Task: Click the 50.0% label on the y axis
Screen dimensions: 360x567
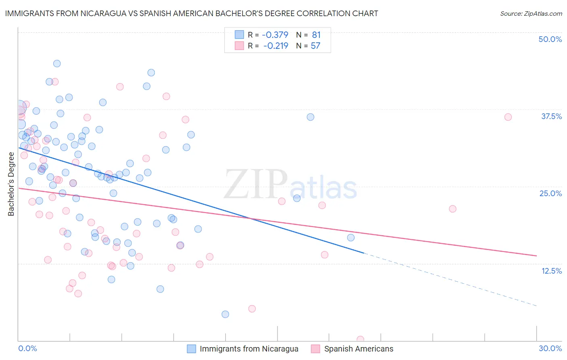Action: (550, 39)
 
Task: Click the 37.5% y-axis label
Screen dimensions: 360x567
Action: (551, 116)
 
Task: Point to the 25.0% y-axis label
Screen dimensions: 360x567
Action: (550, 193)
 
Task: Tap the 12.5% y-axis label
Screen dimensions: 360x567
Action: (551, 271)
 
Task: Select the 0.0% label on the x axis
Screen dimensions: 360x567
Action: (27, 348)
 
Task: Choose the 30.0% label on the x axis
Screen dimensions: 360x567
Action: (550, 348)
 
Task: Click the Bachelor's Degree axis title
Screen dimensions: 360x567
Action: (11, 184)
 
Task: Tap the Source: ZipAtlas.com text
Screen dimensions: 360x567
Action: (531, 13)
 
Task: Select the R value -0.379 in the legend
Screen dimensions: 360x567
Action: (275, 35)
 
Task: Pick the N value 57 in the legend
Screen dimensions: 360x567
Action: (315, 46)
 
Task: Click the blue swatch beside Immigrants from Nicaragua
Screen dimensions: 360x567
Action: (191, 349)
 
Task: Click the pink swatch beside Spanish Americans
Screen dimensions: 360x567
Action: (315, 349)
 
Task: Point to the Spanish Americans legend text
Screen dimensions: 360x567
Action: (359, 349)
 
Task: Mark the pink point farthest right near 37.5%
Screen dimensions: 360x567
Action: (508, 117)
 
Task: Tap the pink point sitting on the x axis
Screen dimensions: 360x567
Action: (361, 339)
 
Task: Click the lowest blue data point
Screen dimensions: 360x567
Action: (225, 314)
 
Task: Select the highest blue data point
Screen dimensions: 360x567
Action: (57, 63)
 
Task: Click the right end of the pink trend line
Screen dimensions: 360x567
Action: (536, 255)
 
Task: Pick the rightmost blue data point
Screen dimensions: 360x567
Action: (351, 237)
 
